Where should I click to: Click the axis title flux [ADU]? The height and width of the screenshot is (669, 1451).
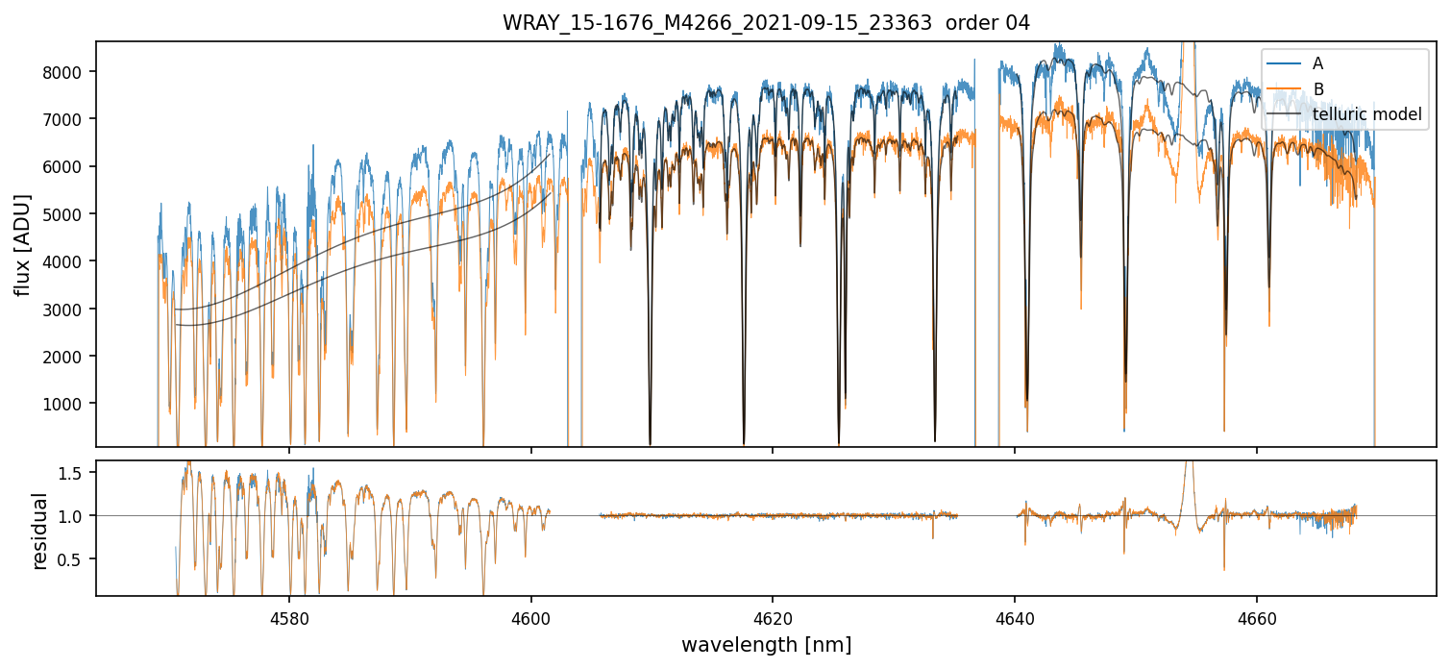[x=22, y=244]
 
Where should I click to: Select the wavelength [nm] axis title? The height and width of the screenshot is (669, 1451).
[x=766, y=645]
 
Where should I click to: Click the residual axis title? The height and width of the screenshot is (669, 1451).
[x=39, y=531]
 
